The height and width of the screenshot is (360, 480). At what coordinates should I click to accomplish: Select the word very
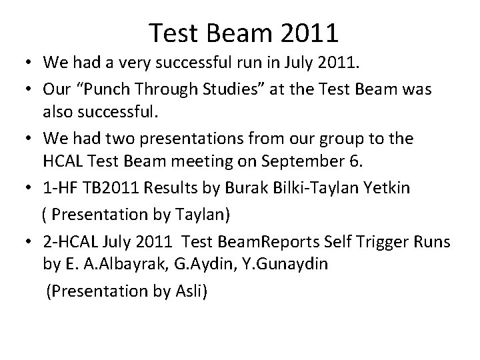(x=130, y=63)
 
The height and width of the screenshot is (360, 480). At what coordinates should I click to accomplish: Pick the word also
(x=59, y=113)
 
